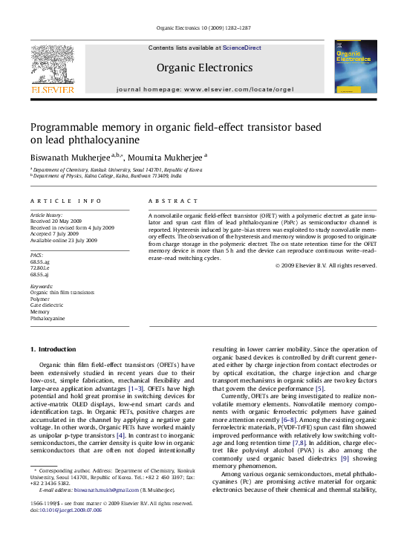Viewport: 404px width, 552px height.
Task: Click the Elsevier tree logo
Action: click(x=52, y=65)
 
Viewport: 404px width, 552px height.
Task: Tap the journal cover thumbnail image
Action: click(x=355, y=67)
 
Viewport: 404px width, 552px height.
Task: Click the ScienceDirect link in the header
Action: click(x=242, y=48)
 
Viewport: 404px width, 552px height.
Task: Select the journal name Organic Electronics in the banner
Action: click(x=204, y=68)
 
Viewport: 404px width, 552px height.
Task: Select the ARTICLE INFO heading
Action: click(x=66, y=201)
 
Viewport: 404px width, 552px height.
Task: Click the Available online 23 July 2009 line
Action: click(x=63, y=240)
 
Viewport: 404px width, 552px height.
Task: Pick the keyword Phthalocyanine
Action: click(x=48, y=318)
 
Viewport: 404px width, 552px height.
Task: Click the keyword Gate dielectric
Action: click(x=48, y=305)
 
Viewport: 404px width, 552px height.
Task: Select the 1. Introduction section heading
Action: click(x=53, y=349)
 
